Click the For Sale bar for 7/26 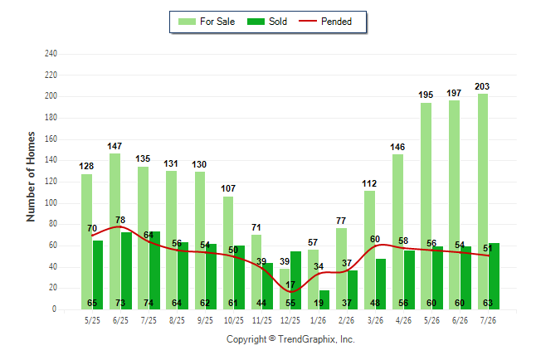(x=483, y=202)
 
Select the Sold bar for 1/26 (x=324, y=299)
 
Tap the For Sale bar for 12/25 (x=285, y=289)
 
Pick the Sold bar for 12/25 (x=295, y=280)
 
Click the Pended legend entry (x=325, y=22)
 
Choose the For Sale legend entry (x=207, y=22)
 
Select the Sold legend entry (x=267, y=22)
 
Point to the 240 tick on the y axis (x=51, y=54)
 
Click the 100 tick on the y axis (x=51, y=202)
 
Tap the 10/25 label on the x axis (x=234, y=320)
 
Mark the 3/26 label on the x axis (x=375, y=320)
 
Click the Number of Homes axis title (x=31, y=177)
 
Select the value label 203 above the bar (x=482, y=86)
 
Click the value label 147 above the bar (x=115, y=146)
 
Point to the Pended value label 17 (x=290, y=285)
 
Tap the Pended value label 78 (x=120, y=220)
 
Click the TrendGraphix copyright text (x=290, y=339)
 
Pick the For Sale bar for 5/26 (x=426, y=207)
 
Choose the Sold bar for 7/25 (x=154, y=270)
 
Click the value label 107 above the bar (x=228, y=188)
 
